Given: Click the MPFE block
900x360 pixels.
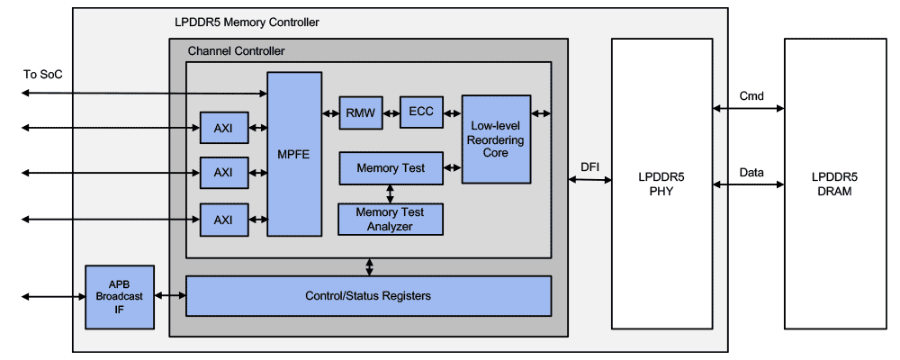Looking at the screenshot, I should click(x=293, y=154).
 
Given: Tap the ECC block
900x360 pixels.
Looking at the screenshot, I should click(x=420, y=112).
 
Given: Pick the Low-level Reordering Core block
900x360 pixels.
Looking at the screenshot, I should click(x=495, y=139).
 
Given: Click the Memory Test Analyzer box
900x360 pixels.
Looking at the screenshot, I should click(x=390, y=219).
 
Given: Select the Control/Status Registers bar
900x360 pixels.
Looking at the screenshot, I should click(x=368, y=295).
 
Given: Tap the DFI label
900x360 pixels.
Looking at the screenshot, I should click(x=589, y=166).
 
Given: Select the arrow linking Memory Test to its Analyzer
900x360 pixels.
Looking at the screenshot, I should click(x=390, y=193).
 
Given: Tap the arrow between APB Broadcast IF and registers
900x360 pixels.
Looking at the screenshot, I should click(x=170, y=296).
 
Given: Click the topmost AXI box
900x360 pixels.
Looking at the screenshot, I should click(x=222, y=128).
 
